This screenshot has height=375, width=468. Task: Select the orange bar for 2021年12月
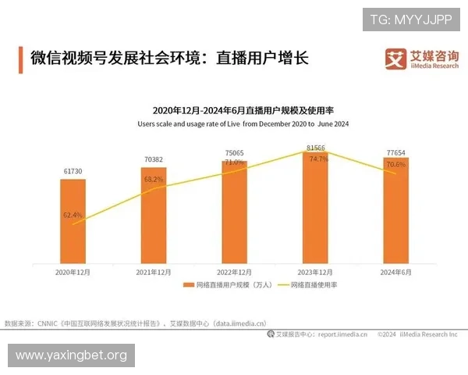click(x=154, y=215)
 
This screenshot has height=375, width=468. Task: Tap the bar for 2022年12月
click(x=234, y=211)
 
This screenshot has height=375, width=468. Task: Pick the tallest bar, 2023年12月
click(x=315, y=206)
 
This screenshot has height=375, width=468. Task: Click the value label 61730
click(x=73, y=171)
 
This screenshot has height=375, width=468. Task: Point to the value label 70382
click(x=154, y=159)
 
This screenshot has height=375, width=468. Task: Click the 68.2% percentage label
click(x=154, y=179)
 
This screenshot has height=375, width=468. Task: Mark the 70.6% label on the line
click(x=396, y=165)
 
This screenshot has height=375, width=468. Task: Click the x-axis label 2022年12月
click(x=234, y=271)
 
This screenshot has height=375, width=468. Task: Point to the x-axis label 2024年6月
click(x=395, y=271)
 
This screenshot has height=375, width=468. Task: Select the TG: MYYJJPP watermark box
click(x=411, y=19)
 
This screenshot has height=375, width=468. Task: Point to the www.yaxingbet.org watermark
click(x=70, y=355)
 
